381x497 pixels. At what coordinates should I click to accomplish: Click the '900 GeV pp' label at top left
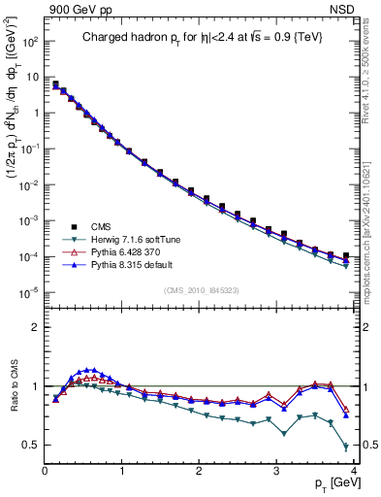pos(76,9)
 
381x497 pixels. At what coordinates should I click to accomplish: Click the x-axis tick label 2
pos(199,472)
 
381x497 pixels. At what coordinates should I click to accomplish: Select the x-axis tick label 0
pos(45,472)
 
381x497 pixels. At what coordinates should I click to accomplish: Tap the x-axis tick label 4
pos(352,472)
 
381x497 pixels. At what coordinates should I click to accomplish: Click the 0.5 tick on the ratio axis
pos(31,445)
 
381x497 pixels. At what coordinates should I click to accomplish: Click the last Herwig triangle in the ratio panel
pos(346,447)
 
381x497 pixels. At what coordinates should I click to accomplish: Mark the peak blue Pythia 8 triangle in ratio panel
pos(92,369)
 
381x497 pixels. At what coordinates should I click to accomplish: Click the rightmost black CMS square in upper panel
pos(346,255)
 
